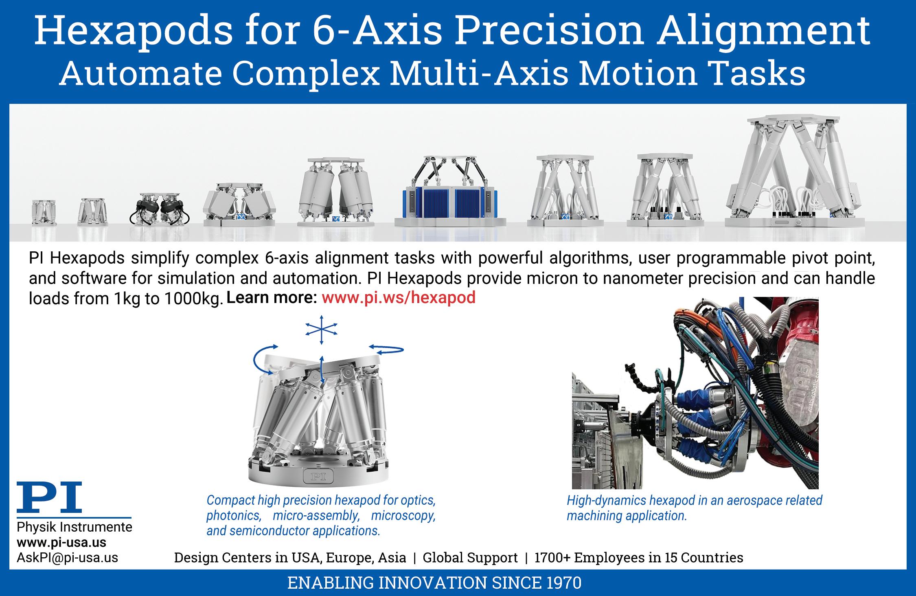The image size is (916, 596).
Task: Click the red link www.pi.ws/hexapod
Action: (399, 298)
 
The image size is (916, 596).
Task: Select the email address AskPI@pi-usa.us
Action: (67, 558)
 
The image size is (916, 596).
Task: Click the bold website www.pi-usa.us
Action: (61, 543)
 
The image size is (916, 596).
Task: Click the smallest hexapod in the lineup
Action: (44, 212)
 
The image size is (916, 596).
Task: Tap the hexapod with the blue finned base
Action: (446, 191)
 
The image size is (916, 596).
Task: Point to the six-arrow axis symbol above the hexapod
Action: (321, 330)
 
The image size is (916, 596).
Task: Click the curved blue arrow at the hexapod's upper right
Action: (386, 349)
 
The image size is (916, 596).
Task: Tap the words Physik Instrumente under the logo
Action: (75, 527)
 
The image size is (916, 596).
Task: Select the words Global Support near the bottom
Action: (470, 557)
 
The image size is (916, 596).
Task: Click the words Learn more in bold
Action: (272, 298)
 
